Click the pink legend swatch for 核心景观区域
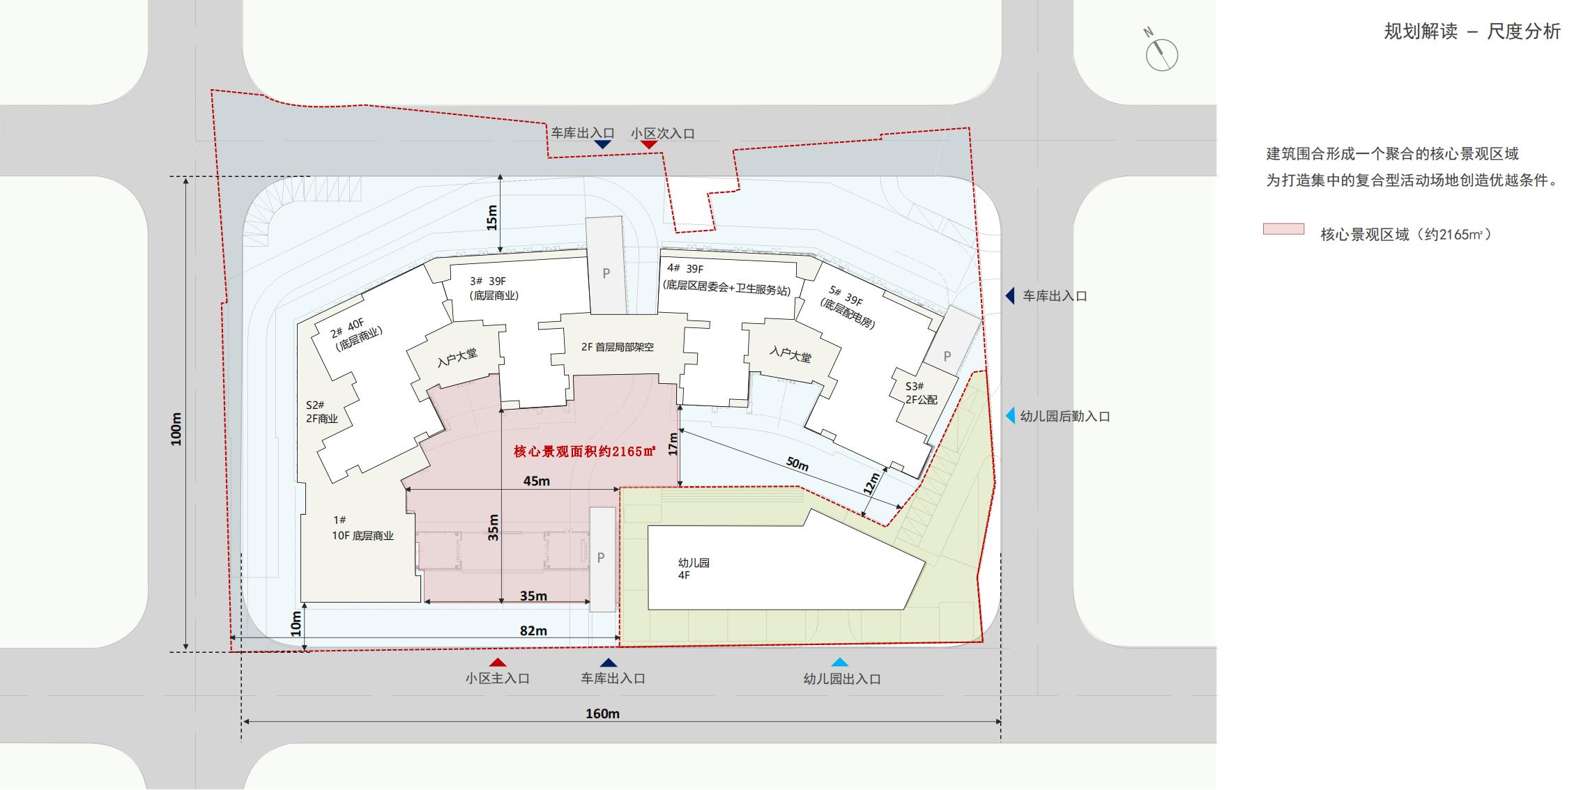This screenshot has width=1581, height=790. coord(1283,229)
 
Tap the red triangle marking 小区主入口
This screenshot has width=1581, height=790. coord(497,663)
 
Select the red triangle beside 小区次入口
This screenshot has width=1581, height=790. coord(649,144)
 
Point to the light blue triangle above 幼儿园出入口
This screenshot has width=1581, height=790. coord(840,663)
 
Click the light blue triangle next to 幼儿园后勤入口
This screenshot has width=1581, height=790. coord(1010,416)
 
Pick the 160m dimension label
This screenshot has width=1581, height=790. coord(602,713)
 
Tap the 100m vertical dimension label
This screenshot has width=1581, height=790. coord(176,429)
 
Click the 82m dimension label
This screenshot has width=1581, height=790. coord(533,630)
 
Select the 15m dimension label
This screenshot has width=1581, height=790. coord(492,218)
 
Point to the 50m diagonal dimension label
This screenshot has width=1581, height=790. coord(797,464)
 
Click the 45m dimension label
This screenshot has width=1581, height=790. coord(536,481)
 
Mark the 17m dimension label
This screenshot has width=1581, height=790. coord(673,444)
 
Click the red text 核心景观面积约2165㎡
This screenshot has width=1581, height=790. coord(585,451)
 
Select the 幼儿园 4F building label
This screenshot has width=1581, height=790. coord(693,568)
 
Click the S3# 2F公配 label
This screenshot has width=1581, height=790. coord(921,393)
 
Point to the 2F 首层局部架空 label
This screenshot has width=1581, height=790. coord(618,347)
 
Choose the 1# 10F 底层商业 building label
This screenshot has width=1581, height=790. coord(362,528)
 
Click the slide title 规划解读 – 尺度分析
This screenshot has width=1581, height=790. coord(1472,31)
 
